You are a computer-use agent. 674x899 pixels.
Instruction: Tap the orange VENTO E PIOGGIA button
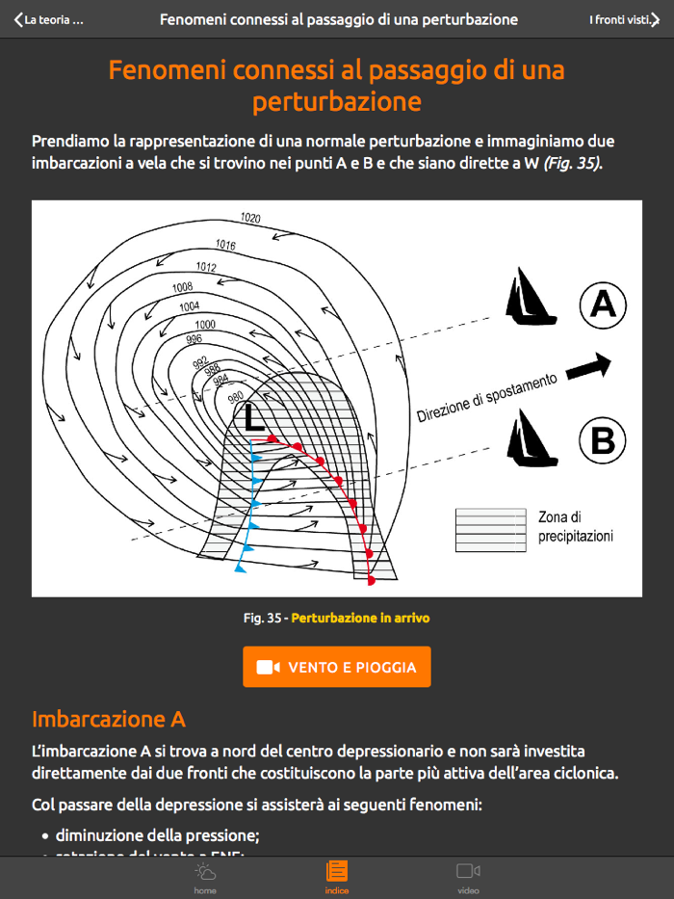(336, 667)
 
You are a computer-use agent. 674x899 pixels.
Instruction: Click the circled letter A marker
(603, 305)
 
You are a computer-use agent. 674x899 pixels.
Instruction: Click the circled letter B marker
(603, 441)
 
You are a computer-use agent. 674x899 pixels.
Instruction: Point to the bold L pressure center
(253, 418)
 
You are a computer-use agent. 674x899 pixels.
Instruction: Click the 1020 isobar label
(250, 219)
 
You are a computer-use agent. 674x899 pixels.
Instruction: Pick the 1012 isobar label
(206, 267)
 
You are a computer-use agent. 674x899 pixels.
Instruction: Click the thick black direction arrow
(588, 366)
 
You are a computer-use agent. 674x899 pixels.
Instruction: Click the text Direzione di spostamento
(486, 398)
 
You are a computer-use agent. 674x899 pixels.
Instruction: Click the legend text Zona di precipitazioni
(575, 527)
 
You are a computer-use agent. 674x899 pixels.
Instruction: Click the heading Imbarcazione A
(108, 719)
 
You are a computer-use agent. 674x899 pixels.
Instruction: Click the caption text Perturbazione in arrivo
(360, 618)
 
